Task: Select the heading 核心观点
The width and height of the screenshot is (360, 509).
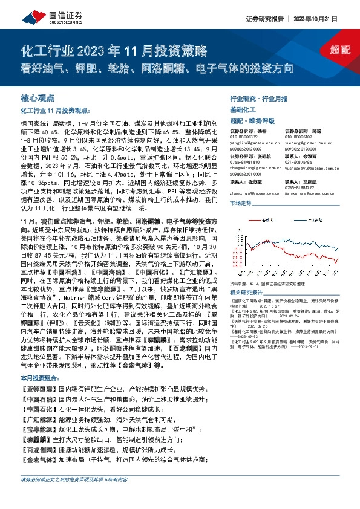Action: coord(38,97)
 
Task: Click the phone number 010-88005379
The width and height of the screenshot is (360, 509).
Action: coord(244,136)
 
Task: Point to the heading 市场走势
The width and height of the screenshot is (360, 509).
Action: coord(240,204)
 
